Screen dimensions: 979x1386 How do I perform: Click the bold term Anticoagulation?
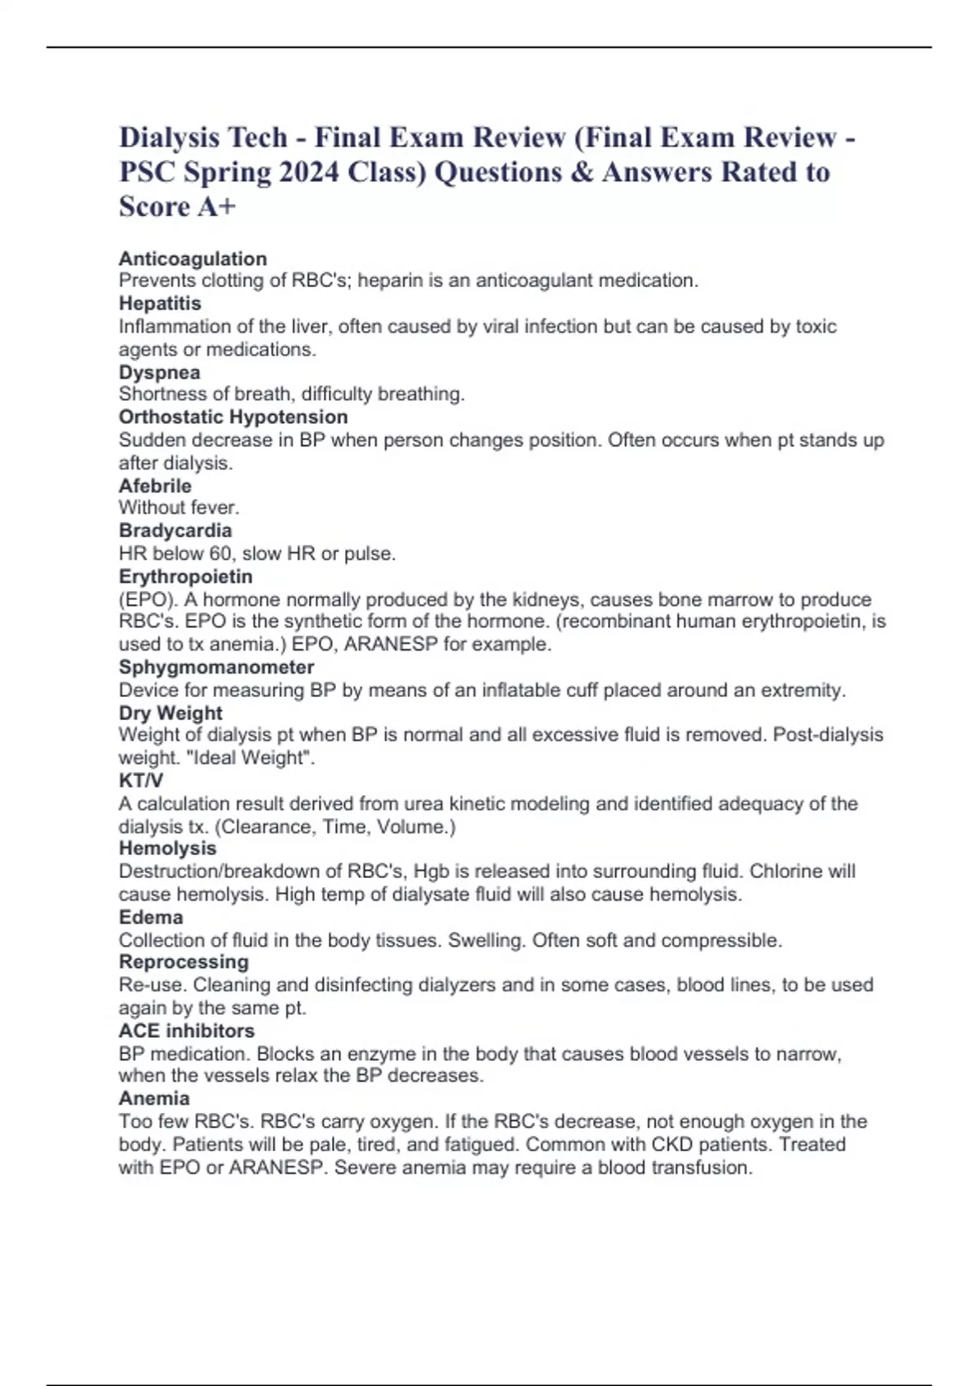click(193, 258)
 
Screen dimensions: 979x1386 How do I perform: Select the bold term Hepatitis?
click(160, 303)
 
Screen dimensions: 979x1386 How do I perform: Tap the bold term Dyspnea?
click(159, 373)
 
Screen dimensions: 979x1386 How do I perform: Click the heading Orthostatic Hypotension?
click(233, 417)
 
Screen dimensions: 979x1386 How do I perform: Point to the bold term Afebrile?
click(155, 486)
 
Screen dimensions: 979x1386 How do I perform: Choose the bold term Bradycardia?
click(175, 531)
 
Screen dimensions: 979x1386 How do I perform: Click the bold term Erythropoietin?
click(186, 576)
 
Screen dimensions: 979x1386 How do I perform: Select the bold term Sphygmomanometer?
click(216, 667)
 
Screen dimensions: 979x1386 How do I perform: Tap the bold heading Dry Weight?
click(171, 713)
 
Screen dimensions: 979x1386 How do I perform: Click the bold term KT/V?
click(140, 780)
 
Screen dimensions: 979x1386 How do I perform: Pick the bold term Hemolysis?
click(167, 849)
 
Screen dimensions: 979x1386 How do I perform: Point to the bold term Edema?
click(151, 917)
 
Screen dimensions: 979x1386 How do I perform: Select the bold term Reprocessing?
click(184, 962)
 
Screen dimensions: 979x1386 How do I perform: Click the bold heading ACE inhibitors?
click(187, 1031)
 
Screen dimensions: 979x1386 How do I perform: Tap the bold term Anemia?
click(154, 1098)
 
